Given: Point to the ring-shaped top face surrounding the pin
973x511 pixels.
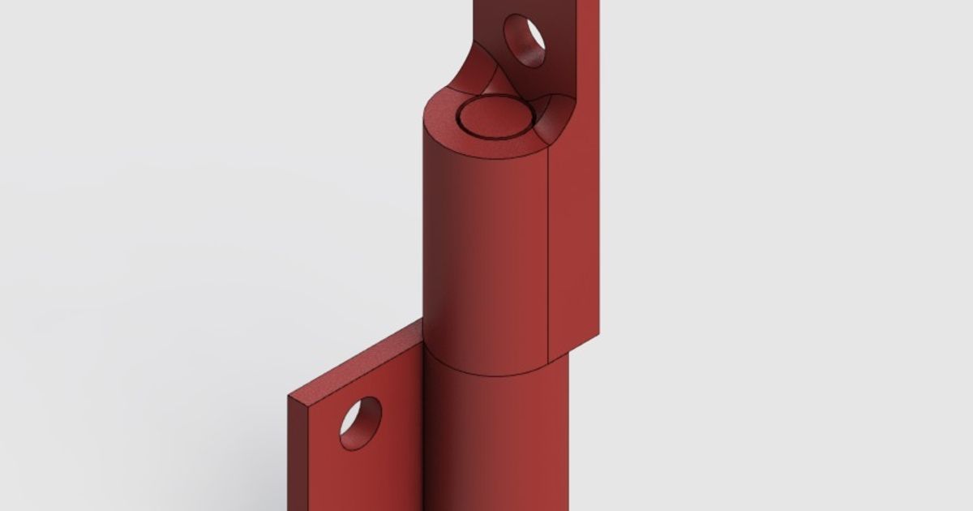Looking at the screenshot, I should pyautogui.click(x=442, y=122).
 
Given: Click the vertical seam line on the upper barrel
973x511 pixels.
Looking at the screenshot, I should pyautogui.click(x=550, y=251).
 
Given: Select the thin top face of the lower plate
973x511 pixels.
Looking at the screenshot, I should pyautogui.click(x=357, y=361).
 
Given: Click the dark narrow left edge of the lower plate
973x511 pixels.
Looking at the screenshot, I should pyautogui.click(x=296, y=454).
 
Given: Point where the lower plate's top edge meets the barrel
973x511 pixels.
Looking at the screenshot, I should pyautogui.click(x=422, y=322).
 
